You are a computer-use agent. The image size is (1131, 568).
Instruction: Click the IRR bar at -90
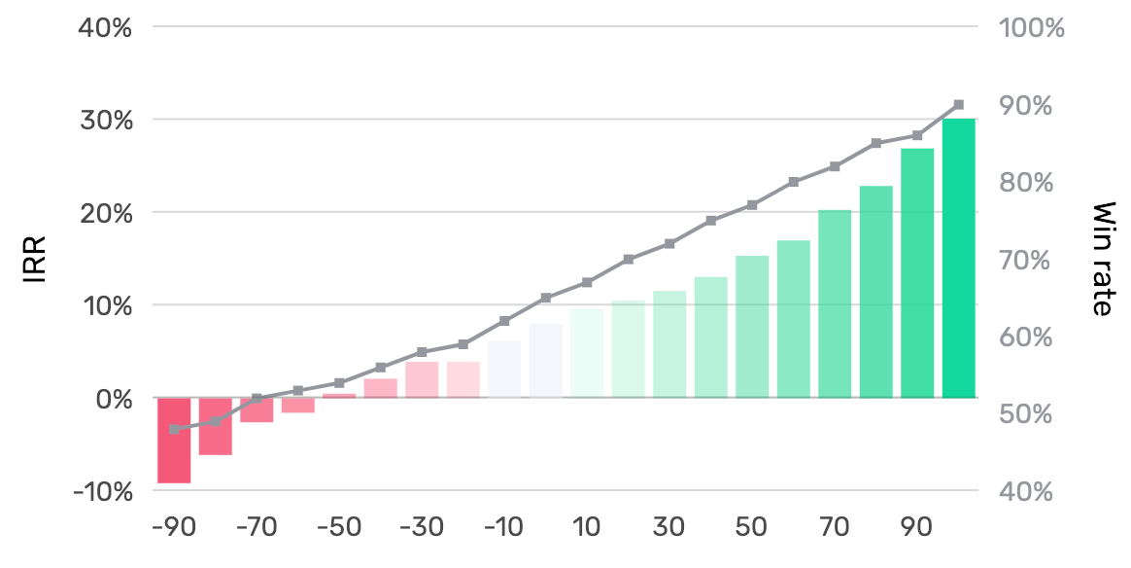point(174,440)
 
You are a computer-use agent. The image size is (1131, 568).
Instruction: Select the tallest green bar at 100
point(958,258)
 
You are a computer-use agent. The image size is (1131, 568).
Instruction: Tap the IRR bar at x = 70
point(835,303)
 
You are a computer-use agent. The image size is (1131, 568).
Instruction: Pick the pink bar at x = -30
point(422,379)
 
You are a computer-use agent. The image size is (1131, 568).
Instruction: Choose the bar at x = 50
point(752,327)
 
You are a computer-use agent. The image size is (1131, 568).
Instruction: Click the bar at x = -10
point(504,369)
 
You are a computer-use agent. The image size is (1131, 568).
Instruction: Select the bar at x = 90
point(917,273)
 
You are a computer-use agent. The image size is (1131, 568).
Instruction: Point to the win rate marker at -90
point(174,429)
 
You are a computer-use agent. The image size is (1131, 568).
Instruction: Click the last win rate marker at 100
point(958,104)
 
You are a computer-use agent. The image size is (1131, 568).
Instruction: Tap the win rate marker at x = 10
point(587,282)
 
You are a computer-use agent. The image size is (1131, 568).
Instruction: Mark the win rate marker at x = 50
point(752,205)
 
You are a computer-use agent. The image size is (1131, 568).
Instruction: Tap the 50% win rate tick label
point(1025,414)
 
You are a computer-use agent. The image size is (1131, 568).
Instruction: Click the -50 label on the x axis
point(339,528)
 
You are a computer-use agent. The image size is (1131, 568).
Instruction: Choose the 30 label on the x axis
point(669,528)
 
